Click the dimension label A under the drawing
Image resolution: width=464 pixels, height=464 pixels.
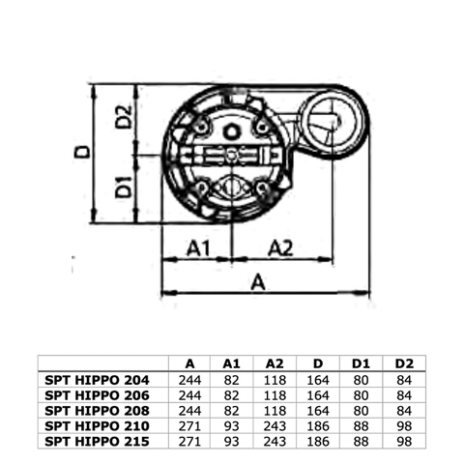pos(258,281)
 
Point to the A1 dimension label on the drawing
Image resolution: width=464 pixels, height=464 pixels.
pos(198,248)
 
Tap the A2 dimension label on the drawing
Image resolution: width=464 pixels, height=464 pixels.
pos(279,248)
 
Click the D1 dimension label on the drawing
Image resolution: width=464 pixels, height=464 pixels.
pos(123,187)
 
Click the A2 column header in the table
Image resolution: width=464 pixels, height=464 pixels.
pos(275,363)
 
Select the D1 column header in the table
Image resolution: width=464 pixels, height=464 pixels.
pos(361,363)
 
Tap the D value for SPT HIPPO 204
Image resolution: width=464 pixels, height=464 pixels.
pos(317,380)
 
